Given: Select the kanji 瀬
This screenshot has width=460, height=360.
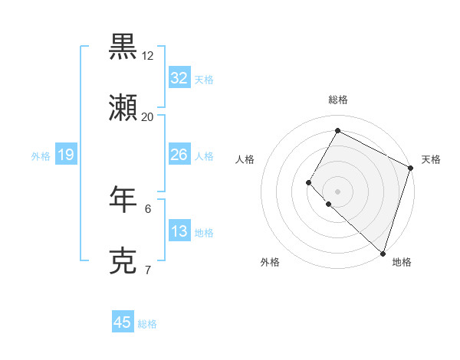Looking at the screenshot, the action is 123,109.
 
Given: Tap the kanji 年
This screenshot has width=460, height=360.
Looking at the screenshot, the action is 123,198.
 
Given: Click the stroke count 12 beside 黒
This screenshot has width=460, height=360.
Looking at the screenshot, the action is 148,56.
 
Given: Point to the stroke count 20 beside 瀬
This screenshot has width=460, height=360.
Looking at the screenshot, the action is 148,117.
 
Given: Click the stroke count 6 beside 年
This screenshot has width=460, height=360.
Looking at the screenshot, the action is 148,208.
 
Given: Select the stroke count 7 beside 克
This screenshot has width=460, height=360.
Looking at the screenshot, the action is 148,270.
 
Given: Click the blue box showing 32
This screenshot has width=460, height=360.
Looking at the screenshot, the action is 179,78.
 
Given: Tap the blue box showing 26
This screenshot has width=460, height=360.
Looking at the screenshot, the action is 179,155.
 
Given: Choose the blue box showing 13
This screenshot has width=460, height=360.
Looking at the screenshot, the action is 179,231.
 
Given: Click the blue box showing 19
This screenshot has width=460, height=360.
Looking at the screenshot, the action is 66,155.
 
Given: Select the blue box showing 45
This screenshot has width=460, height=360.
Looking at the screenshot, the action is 123,322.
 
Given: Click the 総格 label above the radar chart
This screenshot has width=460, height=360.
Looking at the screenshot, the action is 338,100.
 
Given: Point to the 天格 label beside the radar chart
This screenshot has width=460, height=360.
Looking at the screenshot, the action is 431,159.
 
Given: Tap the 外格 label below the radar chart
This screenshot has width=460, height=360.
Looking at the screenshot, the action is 270,262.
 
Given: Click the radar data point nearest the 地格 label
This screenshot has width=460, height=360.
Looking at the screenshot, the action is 383,253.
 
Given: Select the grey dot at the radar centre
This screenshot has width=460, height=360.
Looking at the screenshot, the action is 337,191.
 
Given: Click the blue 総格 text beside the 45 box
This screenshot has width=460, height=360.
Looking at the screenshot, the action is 147,324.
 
